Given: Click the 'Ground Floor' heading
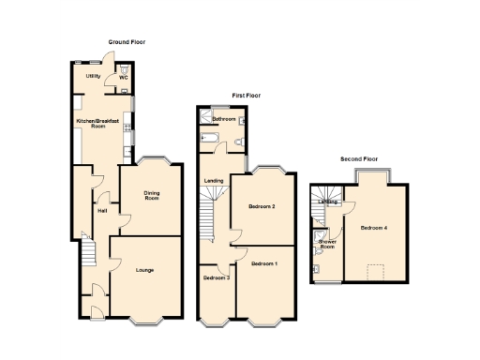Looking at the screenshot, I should [x=127, y=42].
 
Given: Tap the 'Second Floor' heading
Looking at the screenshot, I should [x=358, y=159].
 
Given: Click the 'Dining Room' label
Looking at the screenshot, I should [x=151, y=196].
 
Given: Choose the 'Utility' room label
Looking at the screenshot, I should [x=93, y=76].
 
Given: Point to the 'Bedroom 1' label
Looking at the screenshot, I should [x=264, y=264].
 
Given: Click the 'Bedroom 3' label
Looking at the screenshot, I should [x=216, y=277].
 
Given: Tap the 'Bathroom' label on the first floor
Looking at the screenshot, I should [x=223, y=119].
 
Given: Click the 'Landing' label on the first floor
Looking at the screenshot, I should [x=214, y=180].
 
